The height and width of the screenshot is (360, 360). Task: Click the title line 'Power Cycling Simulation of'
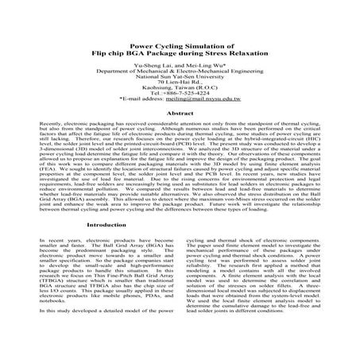180,46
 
